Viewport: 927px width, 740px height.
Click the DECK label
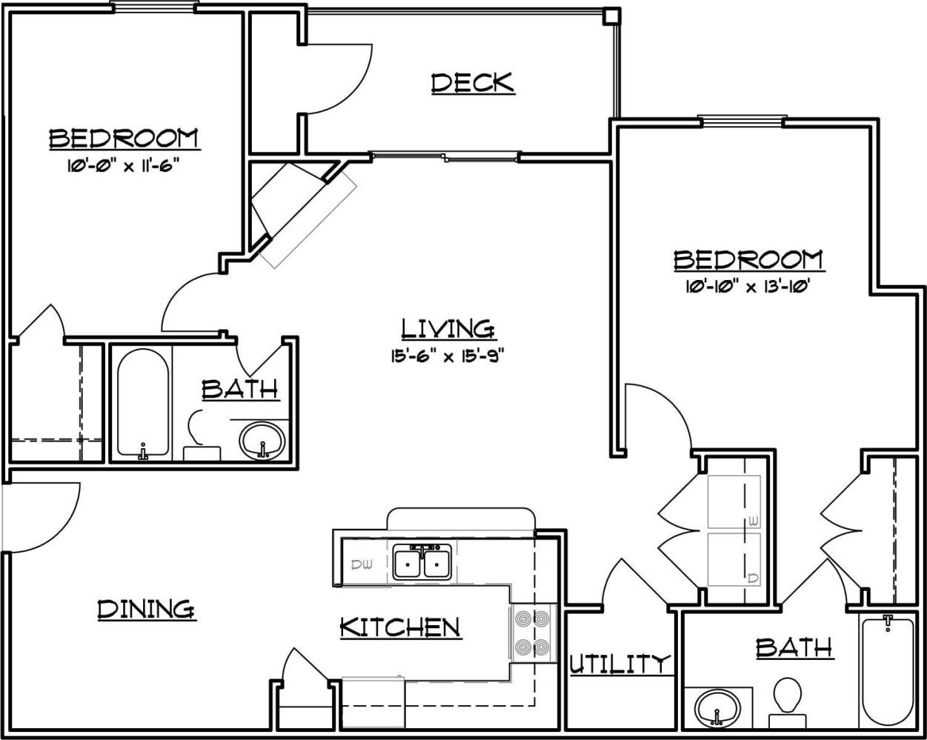click(x=472, y=82)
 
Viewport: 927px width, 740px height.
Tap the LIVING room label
click(x=448, y=327)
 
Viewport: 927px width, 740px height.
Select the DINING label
click(x=147, y=609)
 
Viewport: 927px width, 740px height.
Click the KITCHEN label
click(x=400, y=627)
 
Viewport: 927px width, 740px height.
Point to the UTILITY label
click(x=619, y=664)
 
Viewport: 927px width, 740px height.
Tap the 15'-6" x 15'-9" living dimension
click(x=448, y=356)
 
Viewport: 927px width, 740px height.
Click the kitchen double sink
click(x=422, y=563)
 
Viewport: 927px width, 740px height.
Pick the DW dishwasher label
click(x=362, y=564)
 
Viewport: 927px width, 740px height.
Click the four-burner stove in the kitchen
click(x=532, y=633)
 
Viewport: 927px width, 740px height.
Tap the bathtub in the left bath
click(x=142, y=404)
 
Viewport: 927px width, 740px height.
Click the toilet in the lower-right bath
click(x=787, y=700)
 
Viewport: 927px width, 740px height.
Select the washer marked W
click(x=734, y=502)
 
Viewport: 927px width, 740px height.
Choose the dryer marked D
click(x=734, y=559)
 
